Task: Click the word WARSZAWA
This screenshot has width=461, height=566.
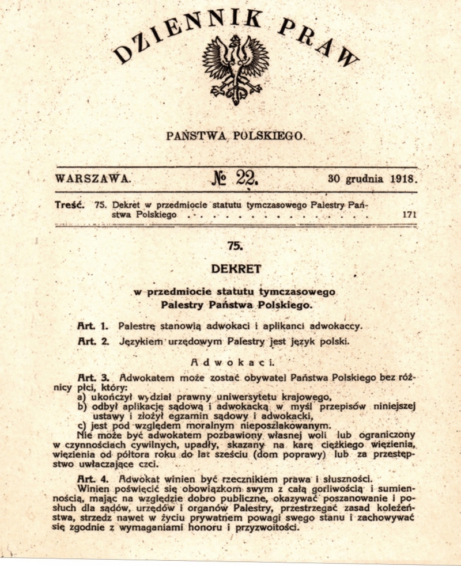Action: [93, 178]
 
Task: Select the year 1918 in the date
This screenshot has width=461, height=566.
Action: [402, 178]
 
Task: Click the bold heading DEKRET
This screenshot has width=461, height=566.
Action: [236, 268]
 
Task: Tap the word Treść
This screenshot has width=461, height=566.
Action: [71, 204]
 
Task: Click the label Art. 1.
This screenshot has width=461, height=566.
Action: [93, 326]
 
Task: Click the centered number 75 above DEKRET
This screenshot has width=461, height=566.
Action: [235, 246]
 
